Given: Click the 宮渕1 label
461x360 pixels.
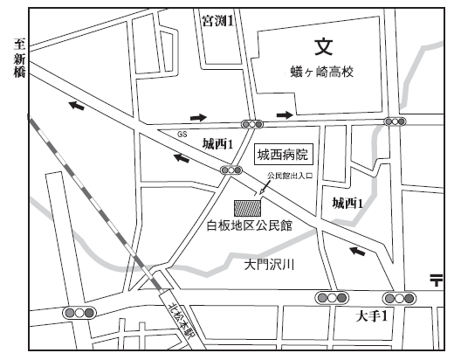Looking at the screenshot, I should [x=217, y=18].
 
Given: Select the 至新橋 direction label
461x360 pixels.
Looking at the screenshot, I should [x=17, y=59].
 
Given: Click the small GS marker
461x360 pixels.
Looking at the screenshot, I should [x=182, y=135].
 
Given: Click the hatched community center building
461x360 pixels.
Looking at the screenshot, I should [x=248, y=209].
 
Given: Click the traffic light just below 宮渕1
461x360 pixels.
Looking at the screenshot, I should [x=253, y=123].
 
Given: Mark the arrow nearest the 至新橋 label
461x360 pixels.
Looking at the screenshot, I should [x=79, y=106].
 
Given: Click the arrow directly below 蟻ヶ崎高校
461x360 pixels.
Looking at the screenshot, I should [x=285, y=114].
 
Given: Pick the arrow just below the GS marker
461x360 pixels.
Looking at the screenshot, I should [x=182, y=158].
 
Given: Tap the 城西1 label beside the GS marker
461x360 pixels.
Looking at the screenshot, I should [x=217, y=143].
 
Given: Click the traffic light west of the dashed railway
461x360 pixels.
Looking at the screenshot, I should [x=79, y=312].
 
